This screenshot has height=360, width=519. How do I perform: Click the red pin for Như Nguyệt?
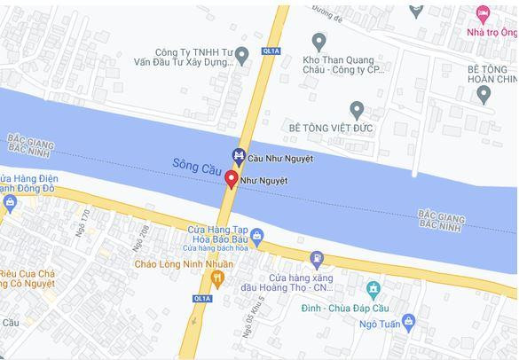tap(232, 179)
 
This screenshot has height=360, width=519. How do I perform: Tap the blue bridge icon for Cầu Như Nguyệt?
tap(238, 157)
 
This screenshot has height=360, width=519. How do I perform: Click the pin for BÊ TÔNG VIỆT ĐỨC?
tap(357, 110)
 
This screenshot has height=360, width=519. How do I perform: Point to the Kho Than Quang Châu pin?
tap(319, 40)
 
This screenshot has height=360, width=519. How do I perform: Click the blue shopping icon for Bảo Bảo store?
tap(257, 236)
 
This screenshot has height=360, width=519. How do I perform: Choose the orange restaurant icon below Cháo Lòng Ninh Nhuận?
tap(216, 280)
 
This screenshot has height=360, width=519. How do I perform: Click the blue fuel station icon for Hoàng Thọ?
tap(317, 259)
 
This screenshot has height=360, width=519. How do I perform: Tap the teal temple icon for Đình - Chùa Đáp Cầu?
tap(373, 289)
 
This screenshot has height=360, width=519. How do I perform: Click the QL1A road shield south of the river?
tap(203, 299)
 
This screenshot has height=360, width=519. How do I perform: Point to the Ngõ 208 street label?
tap(138, 237)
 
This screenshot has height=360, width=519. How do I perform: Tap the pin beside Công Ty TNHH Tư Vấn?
tap(241, 56)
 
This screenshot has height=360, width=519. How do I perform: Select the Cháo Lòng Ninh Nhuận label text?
tap(184, 263)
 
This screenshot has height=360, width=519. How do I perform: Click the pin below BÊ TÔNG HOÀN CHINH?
tap(484, 94)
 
